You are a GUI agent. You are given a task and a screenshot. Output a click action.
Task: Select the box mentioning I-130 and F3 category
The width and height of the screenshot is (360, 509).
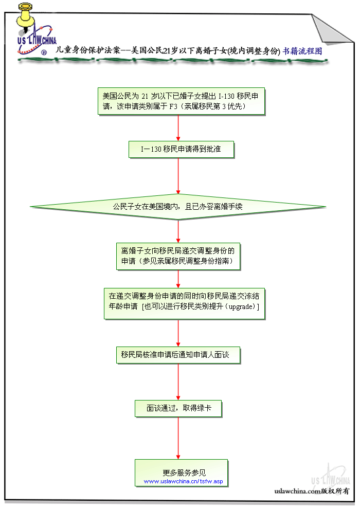181,101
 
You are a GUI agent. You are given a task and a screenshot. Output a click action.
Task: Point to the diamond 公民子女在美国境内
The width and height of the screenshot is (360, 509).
178,207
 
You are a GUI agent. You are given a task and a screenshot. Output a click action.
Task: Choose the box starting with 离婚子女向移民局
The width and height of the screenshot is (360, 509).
178,256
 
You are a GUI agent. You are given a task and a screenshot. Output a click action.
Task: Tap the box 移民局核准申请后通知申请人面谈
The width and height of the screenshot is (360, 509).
178,355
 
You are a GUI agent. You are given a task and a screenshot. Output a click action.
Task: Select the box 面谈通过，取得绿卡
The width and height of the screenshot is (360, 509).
178,408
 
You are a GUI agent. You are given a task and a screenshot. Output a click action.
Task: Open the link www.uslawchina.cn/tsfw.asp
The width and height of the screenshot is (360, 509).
184,481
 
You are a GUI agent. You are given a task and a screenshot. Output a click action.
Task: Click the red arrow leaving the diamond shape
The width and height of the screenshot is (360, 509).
178,231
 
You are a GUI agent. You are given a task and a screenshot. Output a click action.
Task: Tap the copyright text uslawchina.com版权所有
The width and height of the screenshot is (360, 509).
312,492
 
